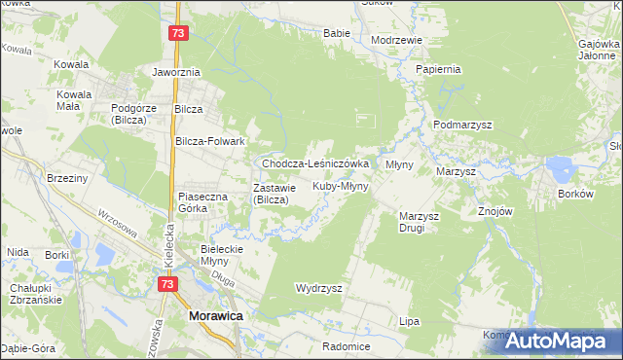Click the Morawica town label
pyautogui.click(x=215, y=317)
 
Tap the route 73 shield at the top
pyautogui.click(x=176, y=33)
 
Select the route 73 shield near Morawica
pyautogui.click(x=167, y=283)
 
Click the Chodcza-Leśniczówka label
pyautogui.click(x=314, y=164)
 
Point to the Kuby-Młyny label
pyautogui.click(x=340, y=185)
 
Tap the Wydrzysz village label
pyautogui.click(x=318, y=289)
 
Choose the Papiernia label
pyautogui.click(x=437, y=70)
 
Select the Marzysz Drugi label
pyautogui.click(x=421, y=222)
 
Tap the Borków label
pyautogui.click(x=575, y=194)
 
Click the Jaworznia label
pyautogui.click(x=176, y=72)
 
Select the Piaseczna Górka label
pyautogui.click(x=202, y=202)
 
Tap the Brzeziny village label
pyautogui.click(x=67, y=178)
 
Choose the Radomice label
pyautogui.click(x=348, y=346)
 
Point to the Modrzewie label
pyautogui.click(x=396, y=40)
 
